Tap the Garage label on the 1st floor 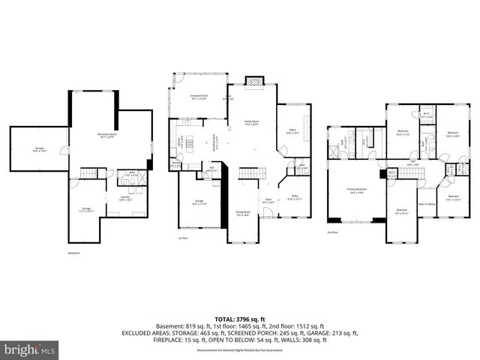coord(199,202)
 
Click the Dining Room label coord(242,213)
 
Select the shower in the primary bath coord(332,151)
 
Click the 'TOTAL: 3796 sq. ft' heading coord(239,319)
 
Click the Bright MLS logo coord(30,349)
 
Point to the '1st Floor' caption coord(182,238)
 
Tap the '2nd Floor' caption coord(332,232)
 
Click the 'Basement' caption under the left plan coord(73,253)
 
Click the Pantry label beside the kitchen coord(175,164)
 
